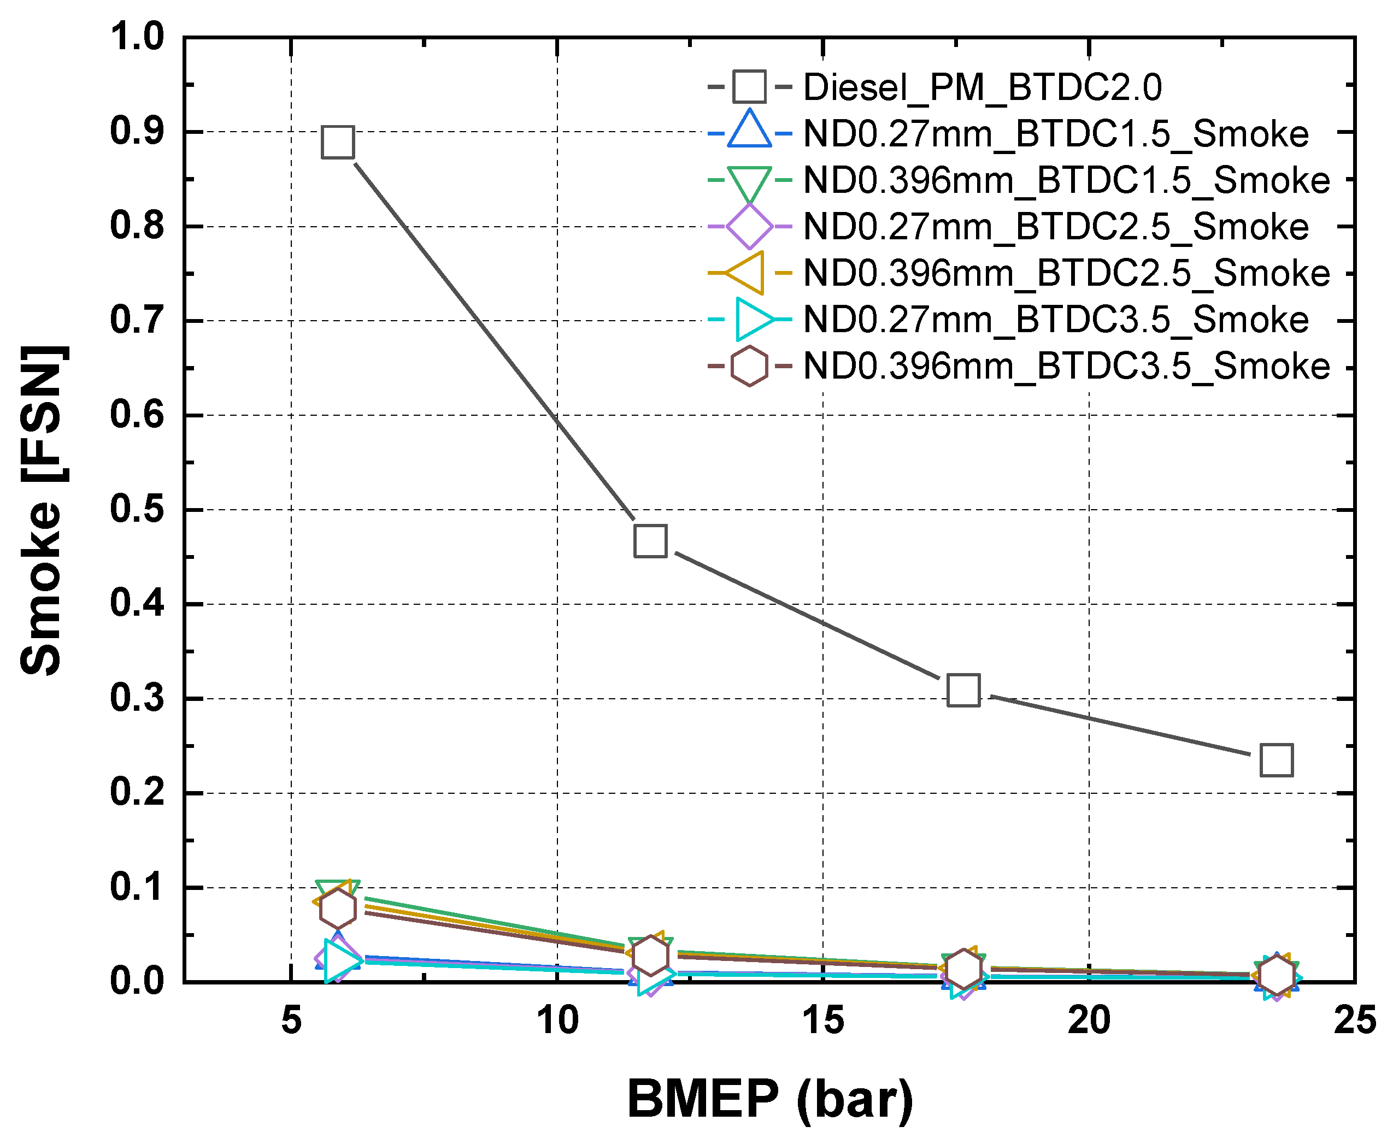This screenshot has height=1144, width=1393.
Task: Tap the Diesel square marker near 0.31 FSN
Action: (963, 690)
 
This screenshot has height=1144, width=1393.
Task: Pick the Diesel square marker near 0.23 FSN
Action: (1276, 760)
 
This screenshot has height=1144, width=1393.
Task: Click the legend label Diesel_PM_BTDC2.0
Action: (982, 87)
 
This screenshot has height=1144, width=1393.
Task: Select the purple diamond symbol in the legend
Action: (750, 227)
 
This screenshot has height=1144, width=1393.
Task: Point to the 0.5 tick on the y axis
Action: (137, 509)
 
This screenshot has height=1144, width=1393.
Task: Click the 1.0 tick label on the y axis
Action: (137, 37)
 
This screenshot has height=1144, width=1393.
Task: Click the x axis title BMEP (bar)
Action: (770, 1099)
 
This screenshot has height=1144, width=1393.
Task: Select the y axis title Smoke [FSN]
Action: (41, 509)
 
